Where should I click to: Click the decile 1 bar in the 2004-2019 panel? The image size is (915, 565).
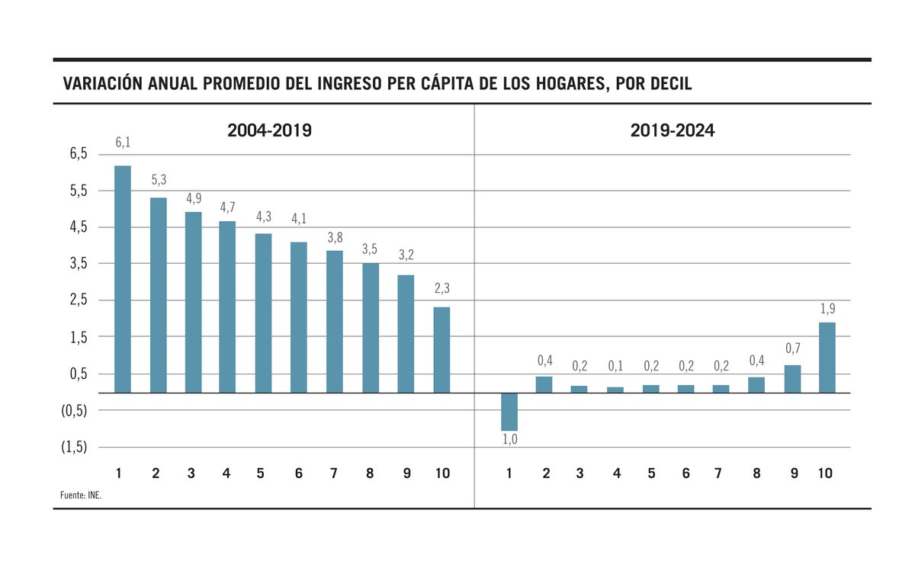pyautogui.click(x=122, y=279)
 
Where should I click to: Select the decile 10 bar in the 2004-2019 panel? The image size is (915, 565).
pyautogui.click(x=441, y=350)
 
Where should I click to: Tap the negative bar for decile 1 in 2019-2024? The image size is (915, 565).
pyautogui.click(x=509, y=412)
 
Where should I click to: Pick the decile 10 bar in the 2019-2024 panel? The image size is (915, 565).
pyautogui.click(x=827, y=358)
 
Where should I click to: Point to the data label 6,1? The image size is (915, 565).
pyautogui.click(x=123, y=143)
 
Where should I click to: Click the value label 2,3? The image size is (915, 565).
pyautogui.click(x=441, y=289)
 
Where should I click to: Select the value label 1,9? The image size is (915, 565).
pyautogui.click(x=827, y=309)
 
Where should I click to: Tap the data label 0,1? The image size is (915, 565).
pyautogui.click(x=615, y=366)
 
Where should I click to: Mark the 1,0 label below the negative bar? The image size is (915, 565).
pyautogui.click(x=509, y=440)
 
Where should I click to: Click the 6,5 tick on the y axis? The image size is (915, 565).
pyautogui.click(x=79, y=154)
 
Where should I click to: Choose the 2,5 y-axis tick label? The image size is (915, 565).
pyautogui.click(x=79, y=300)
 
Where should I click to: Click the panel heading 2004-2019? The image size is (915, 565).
pyautogui.click(x=269, y=130)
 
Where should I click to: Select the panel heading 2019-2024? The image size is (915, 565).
pyautogui.click(x=672, y=130)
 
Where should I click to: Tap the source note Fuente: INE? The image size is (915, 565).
pyautogui.click(x=81, y=496)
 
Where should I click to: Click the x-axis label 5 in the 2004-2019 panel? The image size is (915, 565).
pyautogui.click(x=261, y=474)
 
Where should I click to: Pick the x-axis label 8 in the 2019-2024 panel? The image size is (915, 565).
pyautogui.click(x=756, y=474)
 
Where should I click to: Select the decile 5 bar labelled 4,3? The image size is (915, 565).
pyautogui.click(x=263, y=313)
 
